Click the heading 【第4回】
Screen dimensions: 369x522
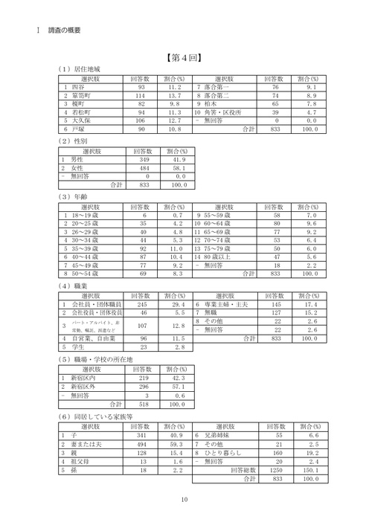(184, 56)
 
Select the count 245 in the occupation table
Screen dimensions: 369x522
(142, 305)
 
